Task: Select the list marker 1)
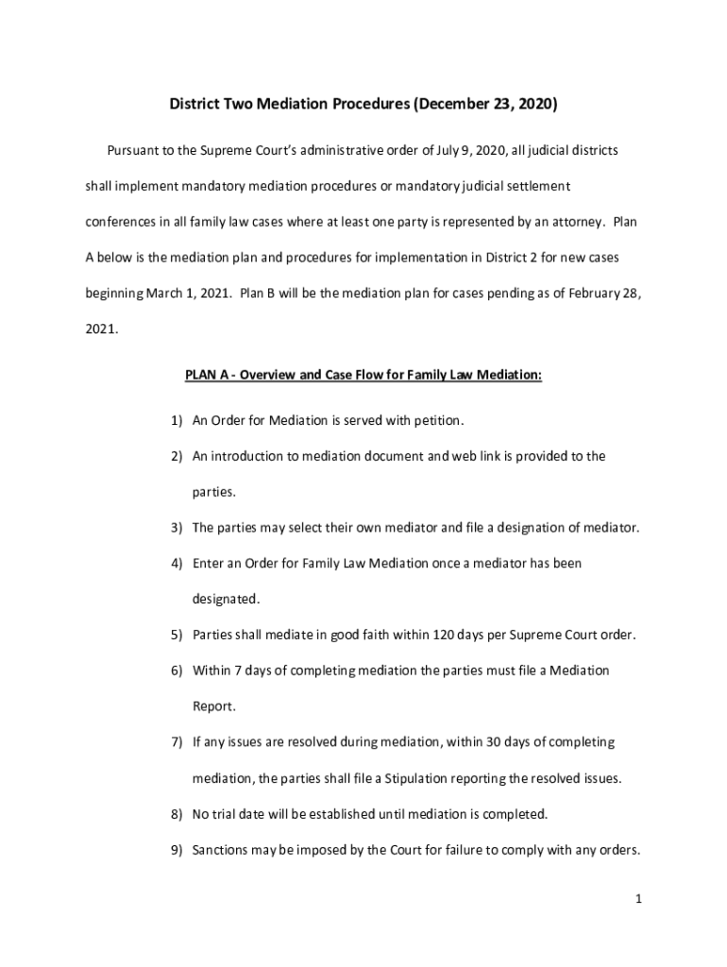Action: (x=177, y=420)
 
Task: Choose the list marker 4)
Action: (x=177, y=564)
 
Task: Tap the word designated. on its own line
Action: (x=225, y=599)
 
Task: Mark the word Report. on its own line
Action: (x=214, y=705)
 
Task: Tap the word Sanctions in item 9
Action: (x=224, y=849)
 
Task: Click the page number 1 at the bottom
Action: (x=639, y=900)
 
